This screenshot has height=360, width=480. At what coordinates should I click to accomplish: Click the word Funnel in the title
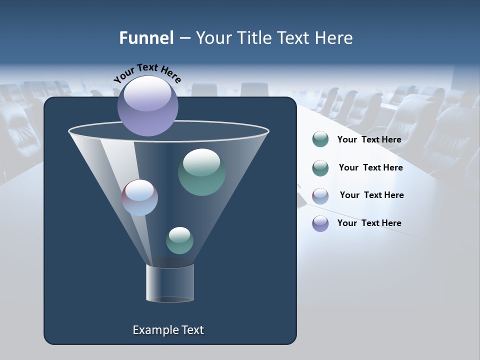pos(146,38)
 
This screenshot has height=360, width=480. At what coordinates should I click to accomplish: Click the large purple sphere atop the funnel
pos(148,105)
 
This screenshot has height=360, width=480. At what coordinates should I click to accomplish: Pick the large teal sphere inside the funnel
pos(201,171)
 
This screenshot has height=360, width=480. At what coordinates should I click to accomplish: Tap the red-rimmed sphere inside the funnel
pos(140,197)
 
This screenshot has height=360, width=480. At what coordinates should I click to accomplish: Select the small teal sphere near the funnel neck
pos(179,240)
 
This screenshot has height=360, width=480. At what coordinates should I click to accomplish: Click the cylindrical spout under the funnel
pos(170,283)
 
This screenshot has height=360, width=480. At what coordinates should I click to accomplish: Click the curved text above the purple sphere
pos(147,73)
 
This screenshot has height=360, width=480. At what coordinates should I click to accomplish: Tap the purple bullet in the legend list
pos(320,223)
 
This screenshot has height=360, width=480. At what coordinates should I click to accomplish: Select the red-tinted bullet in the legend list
pos(320,196)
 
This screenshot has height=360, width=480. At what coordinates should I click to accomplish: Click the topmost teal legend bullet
pos(320,139)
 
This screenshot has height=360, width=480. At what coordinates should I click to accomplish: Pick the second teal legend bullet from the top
pos(320,168)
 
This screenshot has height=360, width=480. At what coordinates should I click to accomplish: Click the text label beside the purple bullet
pos(369,223)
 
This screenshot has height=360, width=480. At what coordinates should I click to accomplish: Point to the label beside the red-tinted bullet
pos(371,195)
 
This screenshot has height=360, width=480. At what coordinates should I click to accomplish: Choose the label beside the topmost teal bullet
pos(369,139)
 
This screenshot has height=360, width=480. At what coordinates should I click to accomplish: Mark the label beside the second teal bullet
pos(370,167)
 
